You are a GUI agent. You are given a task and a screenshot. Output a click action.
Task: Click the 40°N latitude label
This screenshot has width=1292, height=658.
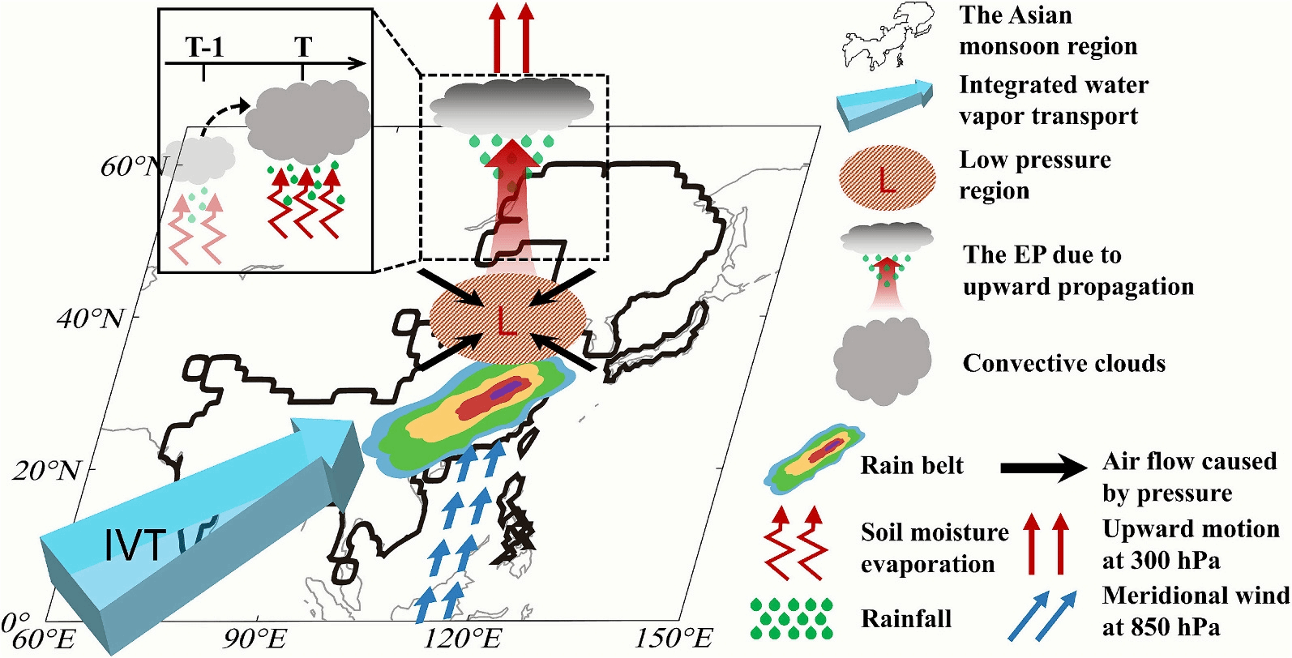coord(91,318)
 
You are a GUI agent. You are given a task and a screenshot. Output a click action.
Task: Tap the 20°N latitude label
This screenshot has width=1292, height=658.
coord(47,470)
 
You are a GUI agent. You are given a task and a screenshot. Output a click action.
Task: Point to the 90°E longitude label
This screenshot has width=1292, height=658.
coord(254,639)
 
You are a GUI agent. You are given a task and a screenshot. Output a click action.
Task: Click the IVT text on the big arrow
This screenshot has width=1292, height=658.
coord(135,545)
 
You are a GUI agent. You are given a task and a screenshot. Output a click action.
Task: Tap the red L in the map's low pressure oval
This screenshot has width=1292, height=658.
coord(507,323)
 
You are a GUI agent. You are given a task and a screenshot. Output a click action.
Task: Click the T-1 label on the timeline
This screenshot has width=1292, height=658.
coord(204,48)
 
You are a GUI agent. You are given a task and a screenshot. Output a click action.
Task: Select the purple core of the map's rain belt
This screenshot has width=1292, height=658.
coord(505,391)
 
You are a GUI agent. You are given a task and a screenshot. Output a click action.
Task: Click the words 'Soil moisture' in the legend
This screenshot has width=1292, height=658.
coord(934,532)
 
